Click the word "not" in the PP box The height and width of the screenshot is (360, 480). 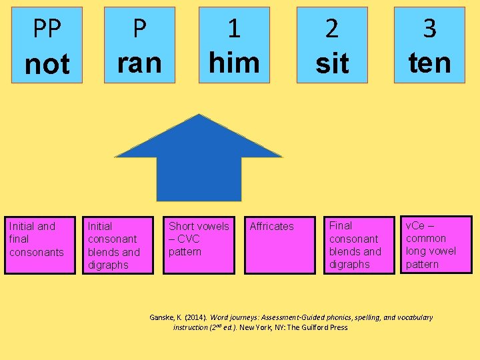[47, 65]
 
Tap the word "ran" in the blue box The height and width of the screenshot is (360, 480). [139, 63]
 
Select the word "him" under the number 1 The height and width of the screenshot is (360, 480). [234, 63]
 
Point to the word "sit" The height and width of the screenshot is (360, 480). [332, 64]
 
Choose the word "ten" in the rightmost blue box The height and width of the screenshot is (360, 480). [429, 63]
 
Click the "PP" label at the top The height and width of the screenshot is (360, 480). [47, 29]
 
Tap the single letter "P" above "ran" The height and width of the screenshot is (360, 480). [139, 29]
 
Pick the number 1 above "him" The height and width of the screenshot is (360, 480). [234, 29]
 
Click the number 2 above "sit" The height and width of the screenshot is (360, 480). [332, 29]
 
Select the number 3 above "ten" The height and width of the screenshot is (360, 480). [429, 29]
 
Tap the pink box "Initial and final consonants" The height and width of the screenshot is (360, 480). [39, 245]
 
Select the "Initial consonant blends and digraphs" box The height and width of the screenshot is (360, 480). [118, 245]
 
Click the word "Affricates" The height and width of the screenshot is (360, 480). [271, 227]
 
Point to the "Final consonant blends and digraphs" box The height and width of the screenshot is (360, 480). [361, 245]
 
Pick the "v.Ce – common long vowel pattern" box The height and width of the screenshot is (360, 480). [436, 244]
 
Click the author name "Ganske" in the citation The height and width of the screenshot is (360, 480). [162, 317]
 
